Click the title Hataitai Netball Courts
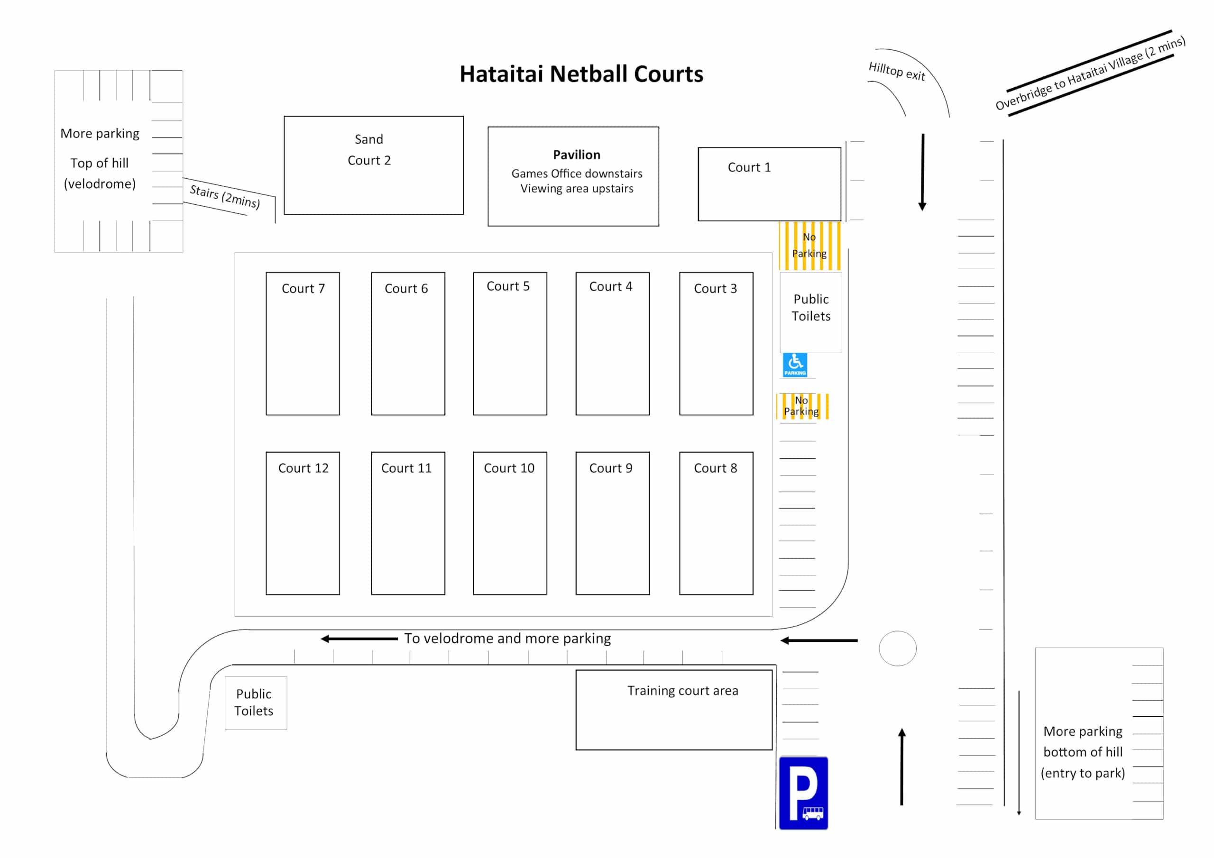pos(581,74)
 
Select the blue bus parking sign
pos(803,793)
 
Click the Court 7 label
pos(303,289)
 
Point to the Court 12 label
pos(303,468)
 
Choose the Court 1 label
pos(749,168)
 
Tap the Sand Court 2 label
pos(369,150)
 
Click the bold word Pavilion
pos(576,155)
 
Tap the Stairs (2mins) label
pos(225,196)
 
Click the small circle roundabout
pos(897,648)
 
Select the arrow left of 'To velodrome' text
pos(359,639)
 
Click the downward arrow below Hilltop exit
pos(923,172)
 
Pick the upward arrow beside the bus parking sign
pos(902,767)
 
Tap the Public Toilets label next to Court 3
pos(810,308)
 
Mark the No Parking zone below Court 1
pos(809,245)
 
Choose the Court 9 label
pos(611,468)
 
